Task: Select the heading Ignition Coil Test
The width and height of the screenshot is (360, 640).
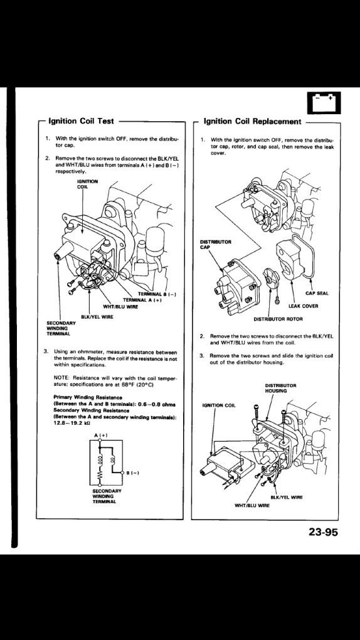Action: point(80,121)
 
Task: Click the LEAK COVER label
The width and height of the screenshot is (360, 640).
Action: point(304,306)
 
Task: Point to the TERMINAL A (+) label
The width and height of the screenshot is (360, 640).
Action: point(146,301)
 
